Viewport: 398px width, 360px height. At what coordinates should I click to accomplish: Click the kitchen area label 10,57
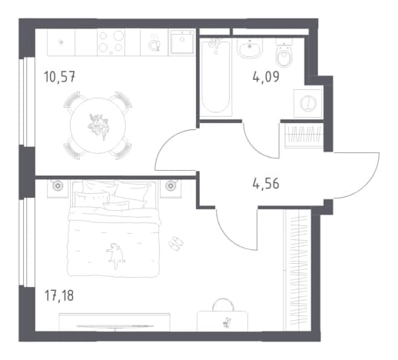[60, 77]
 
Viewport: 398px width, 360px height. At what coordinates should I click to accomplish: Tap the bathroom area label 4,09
[266, 77]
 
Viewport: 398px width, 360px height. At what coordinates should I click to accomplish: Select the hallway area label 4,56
[266, 184]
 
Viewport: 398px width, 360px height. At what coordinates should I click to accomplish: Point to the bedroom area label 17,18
[59, 295]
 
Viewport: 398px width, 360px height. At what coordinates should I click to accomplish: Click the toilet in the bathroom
[284, 53]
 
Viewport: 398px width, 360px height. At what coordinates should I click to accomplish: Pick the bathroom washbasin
[250, 48]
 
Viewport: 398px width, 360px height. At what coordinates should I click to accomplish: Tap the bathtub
[216, 78]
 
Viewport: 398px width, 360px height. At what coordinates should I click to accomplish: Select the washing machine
[308, 104]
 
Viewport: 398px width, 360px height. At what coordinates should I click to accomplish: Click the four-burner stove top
[111, 42]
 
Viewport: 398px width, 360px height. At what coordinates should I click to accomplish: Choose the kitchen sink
[182, 42]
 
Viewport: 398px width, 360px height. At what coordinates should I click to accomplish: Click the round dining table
[98, 125]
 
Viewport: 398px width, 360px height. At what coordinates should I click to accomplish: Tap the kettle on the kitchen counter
[154, 45]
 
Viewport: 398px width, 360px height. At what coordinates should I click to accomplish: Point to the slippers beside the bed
[176, 243]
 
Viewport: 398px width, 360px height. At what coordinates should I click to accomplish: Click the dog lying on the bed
[115, 255]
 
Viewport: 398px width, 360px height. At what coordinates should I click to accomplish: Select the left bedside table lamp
[57, 185]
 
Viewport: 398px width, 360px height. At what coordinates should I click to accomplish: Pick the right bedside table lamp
[170, 185]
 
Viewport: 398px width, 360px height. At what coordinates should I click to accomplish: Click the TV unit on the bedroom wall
[114, 322]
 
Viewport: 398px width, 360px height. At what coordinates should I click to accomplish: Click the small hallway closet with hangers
[304, 135]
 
